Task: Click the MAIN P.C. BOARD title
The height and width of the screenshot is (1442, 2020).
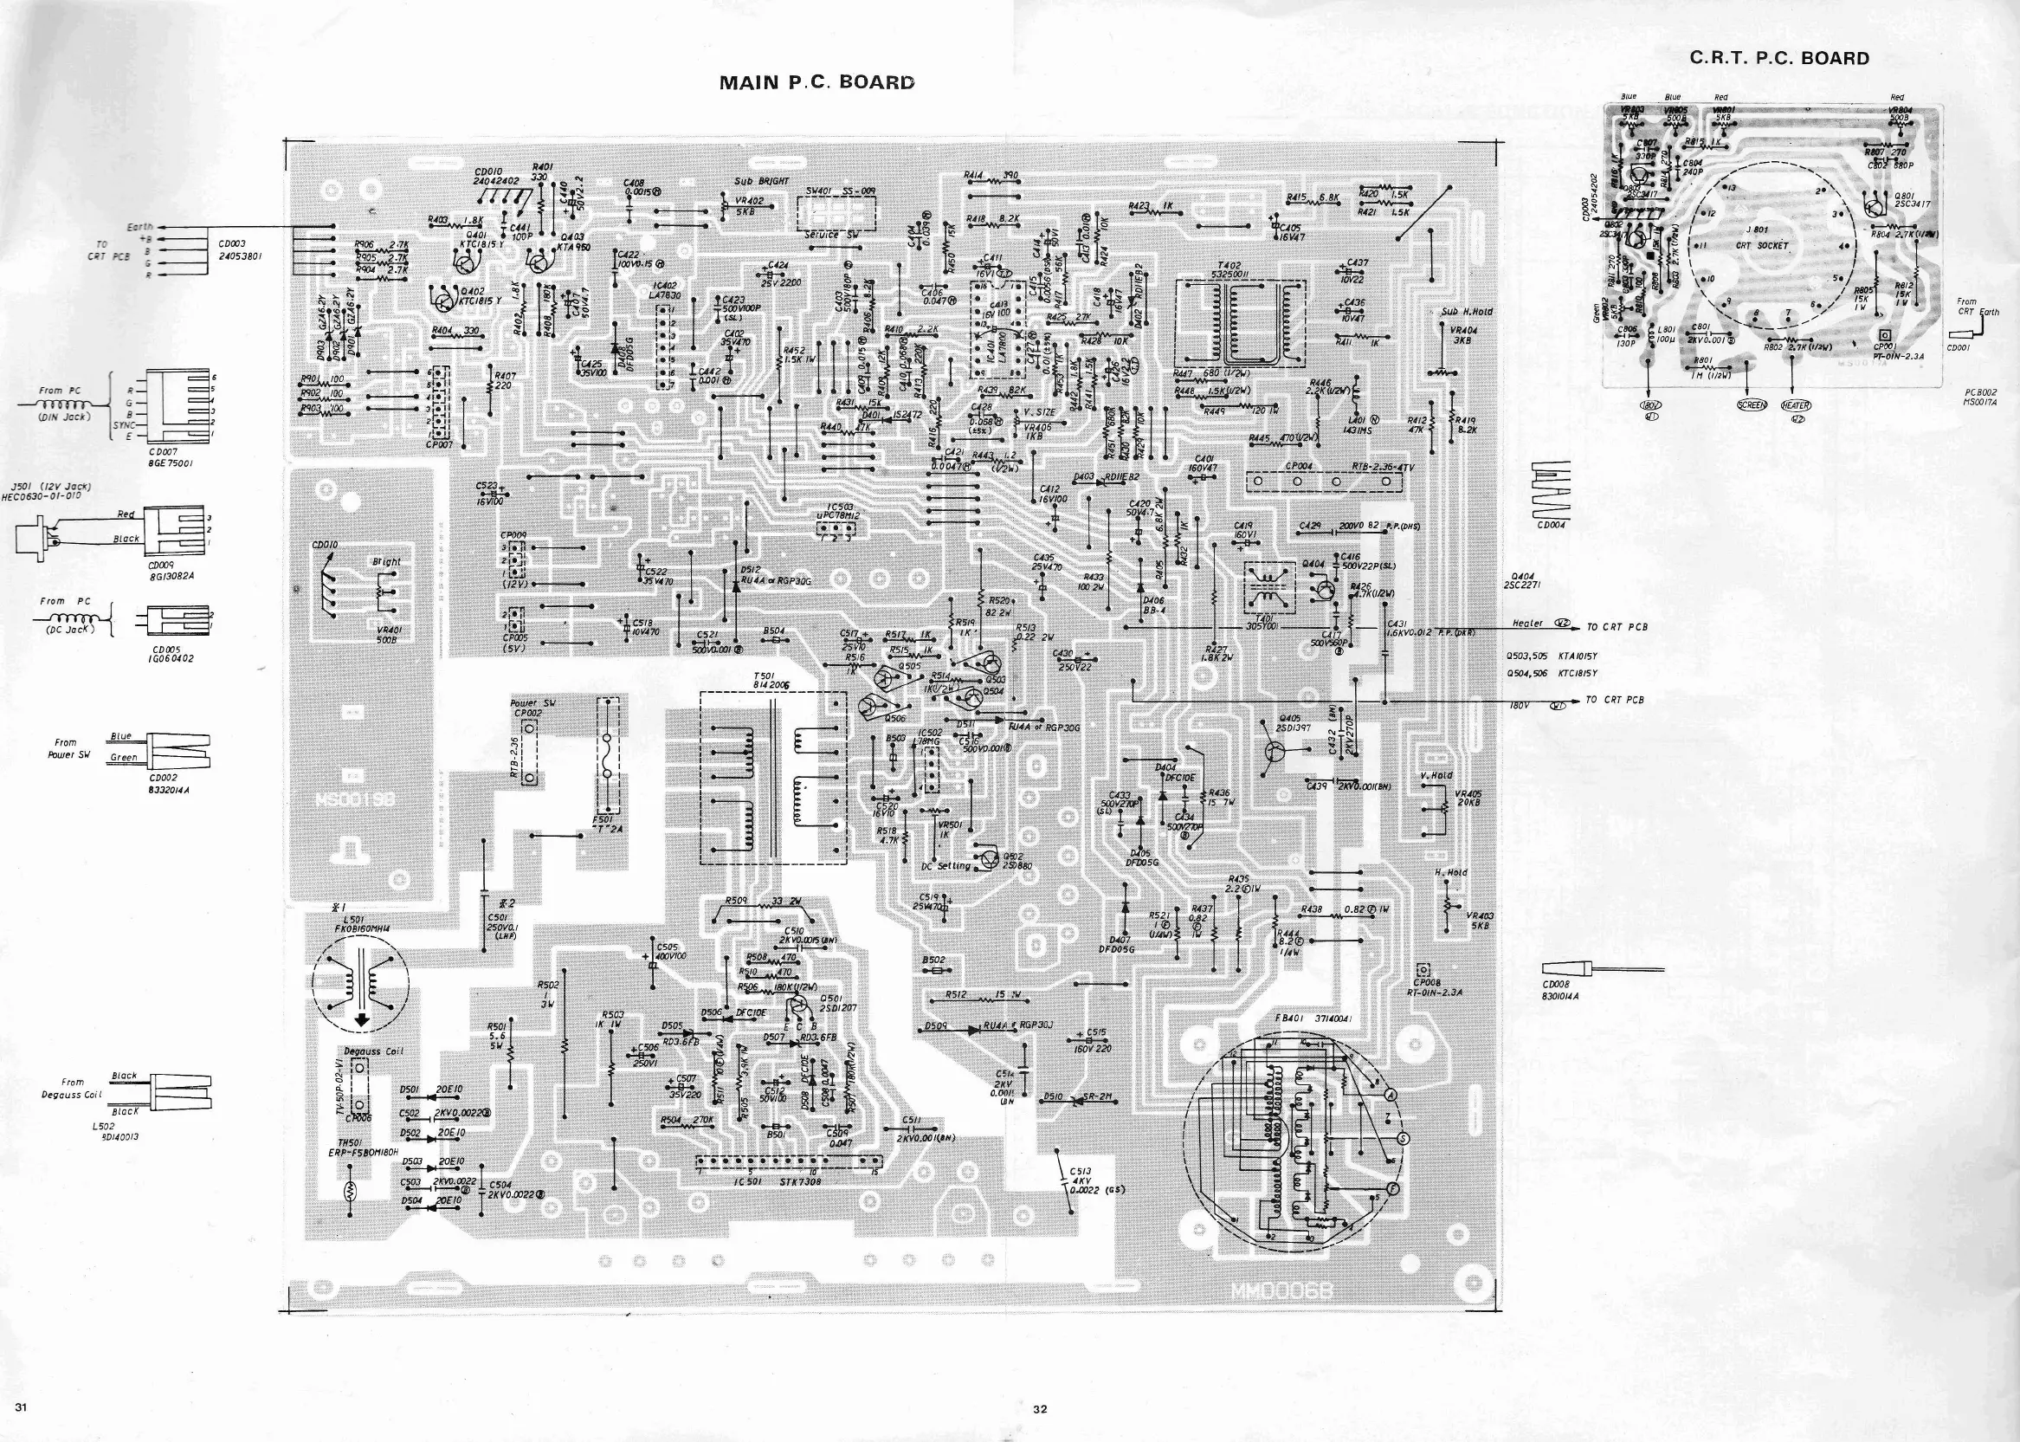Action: click(x=816, y=82)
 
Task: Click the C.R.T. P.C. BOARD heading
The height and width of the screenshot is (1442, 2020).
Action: click(x=1778, y=59)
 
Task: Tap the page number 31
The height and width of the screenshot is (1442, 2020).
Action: click(x=22, y=1407)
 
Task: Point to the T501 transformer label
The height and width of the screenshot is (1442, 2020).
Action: click(x=765, y=680)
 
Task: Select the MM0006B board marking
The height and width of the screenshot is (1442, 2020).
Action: click(x=1281, y=1291)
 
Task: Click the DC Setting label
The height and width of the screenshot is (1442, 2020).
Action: click(x=946, y=866)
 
